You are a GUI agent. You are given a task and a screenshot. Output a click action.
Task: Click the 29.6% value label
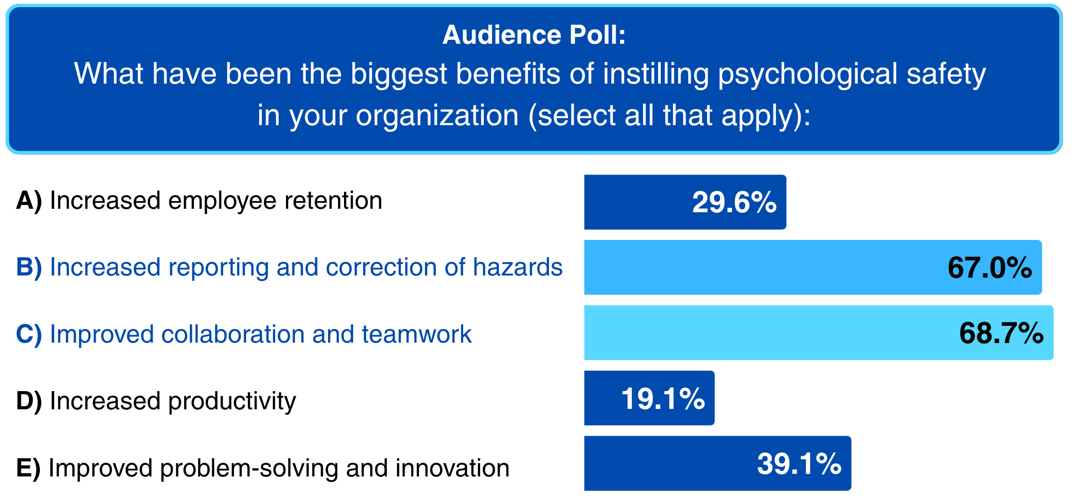pos(734,202)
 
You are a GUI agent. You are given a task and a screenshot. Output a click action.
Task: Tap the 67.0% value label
pos(990,268)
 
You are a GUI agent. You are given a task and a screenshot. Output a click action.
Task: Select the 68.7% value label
pos(1001,333)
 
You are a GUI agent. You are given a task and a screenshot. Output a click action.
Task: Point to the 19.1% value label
pos(663,398)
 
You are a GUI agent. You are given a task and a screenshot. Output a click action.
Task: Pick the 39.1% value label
pos(799,464)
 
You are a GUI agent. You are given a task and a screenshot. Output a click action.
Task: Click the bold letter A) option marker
pos(29,201)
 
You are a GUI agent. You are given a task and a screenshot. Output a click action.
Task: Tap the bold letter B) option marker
pos(29,267)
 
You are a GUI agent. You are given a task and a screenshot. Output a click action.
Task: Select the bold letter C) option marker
pos(29,334)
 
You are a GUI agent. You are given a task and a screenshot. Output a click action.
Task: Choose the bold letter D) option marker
pos(29,401)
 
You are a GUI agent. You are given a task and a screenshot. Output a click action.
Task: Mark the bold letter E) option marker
pos(28,468)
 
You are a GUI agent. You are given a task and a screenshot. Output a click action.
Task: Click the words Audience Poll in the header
pos(534,35)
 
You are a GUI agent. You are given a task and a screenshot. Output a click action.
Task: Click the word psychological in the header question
pos(808,74)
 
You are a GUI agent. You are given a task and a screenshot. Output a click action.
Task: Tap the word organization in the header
pos(437,116)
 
